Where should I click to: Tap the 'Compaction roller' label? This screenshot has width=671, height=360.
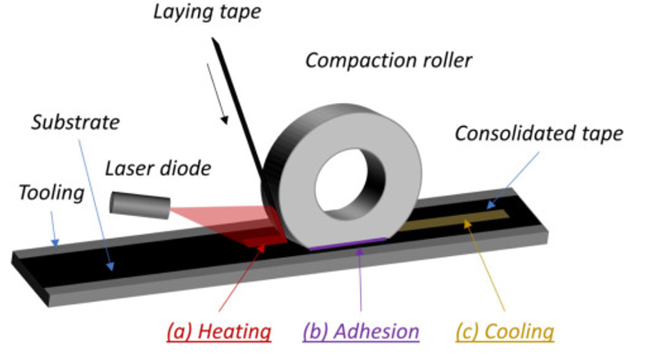click(x=389, y=60)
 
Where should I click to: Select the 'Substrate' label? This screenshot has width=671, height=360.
click(x=75, y=124)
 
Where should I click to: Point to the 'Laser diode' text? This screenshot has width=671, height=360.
click(x=158, y=169)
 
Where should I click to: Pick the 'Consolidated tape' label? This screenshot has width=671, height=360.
click(x=538, y=133)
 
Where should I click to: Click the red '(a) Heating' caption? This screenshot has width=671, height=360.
click(x=218, y=332)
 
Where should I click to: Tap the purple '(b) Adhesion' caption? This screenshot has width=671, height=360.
click(x=361, y=332)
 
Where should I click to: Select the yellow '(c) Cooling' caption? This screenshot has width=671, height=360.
click(x=503, y=332)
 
